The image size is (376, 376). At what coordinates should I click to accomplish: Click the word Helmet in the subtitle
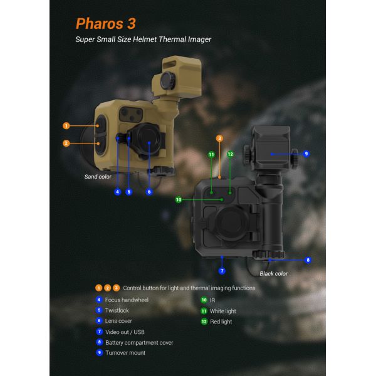coord(148,39)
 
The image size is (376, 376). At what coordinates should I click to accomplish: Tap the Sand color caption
coord(98,177)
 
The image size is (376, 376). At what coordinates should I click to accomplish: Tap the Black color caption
coord(274,273)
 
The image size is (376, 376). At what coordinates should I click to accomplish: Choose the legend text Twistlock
coord(117,310)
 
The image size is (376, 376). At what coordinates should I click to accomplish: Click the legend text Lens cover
coord(118,321)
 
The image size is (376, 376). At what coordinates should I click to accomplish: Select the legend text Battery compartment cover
coord(139,342)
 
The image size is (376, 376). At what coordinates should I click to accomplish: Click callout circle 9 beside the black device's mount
coord(306,153)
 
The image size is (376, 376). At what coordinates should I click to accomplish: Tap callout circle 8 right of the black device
coord(308,259)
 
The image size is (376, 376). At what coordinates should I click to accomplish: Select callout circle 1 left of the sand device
coord(66,126)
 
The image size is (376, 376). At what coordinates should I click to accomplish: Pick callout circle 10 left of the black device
coord(179,200)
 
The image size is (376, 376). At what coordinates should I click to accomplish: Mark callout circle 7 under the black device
coord(222,271)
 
